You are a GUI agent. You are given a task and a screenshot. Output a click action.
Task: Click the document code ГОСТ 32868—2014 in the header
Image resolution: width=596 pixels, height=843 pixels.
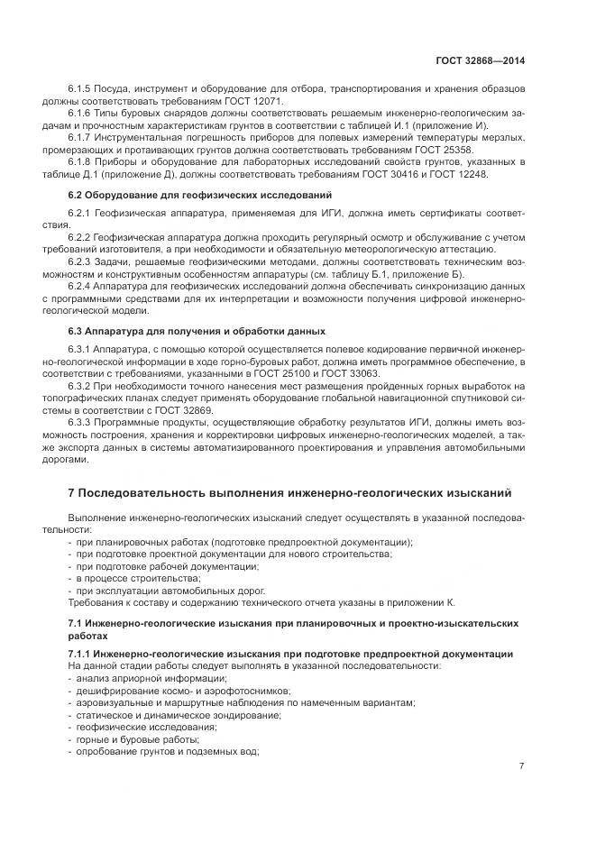(481, 61)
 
